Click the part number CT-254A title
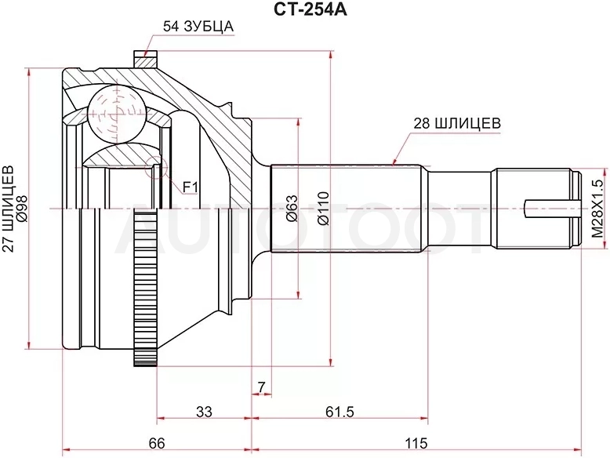tap(305, 9)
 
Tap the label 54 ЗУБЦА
tap(198, 27)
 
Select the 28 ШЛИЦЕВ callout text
tap(456, 123)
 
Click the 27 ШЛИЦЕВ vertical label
tap(8, 209)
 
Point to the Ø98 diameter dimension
tap(22, 209)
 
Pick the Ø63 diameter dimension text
tap(292, 208)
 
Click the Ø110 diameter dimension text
tap(324, 208)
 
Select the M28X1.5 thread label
tap(597, 209)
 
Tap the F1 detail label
tap(191, 188)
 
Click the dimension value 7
tap(261, 387)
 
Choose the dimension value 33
tap(204, 411)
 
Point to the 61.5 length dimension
tap(340, 411)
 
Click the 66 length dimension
tap(156, 443)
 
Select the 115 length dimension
tap(416, 443)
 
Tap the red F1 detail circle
tap(155, 167)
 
